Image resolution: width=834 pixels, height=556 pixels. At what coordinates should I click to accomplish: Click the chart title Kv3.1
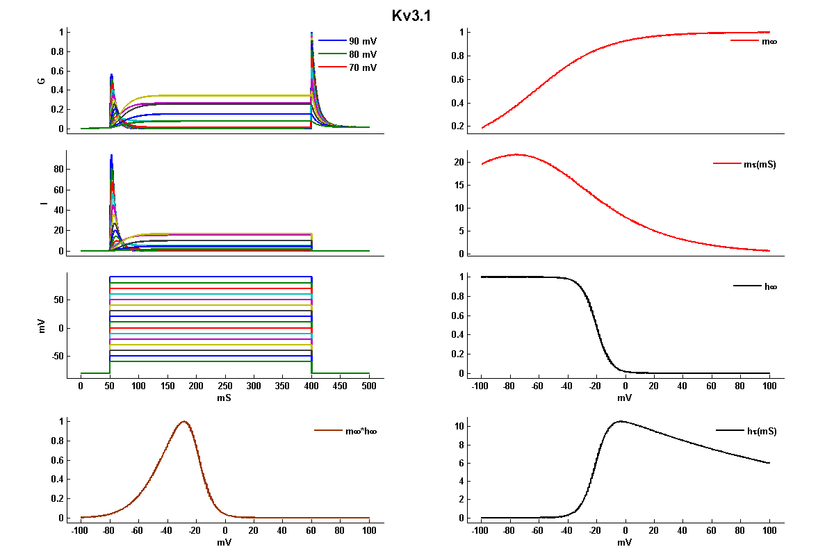[411, 15]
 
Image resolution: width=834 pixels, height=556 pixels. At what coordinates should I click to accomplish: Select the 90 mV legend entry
[363, 41]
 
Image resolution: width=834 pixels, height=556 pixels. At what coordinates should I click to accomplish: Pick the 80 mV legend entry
[363, 54]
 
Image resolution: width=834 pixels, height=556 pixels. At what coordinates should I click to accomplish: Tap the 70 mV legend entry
[363, 67]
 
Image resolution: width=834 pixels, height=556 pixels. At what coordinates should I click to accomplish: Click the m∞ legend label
[769, 41]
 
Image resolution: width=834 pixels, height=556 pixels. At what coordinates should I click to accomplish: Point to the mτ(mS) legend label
[760, 164]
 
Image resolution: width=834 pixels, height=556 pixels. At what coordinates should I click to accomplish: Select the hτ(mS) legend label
[760, 431]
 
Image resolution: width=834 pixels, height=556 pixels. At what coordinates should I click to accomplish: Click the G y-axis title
[42, 81]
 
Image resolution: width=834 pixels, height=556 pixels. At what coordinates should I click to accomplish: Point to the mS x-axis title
[224, 399]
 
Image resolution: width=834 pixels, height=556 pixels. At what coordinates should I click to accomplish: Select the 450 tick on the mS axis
[341, 386]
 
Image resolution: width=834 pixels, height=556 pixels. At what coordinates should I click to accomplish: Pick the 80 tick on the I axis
[58, 169]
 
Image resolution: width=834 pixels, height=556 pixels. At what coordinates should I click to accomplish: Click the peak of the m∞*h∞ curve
[184, 421]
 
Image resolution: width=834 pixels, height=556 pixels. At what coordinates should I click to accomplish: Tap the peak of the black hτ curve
[621, 420]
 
